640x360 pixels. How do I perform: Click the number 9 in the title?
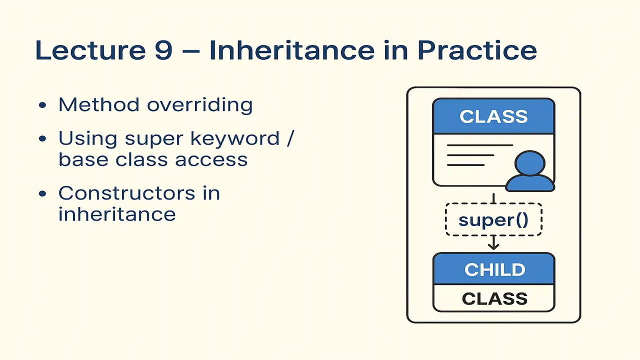coord(163,50)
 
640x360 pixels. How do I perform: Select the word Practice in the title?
coord(477,50)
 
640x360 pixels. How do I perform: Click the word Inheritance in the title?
coord(291,50)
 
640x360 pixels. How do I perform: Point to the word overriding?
coord(199,105)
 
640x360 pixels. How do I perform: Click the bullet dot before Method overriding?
coord(42,106)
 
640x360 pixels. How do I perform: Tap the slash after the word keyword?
coord(290,138)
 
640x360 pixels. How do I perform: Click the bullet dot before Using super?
coord(42,139)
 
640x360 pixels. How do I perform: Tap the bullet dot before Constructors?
coord(42,194)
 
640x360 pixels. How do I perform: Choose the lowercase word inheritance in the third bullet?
coord(117,214)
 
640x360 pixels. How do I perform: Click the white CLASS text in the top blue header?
coord(493,116)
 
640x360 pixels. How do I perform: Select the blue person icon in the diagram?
coord(529,172)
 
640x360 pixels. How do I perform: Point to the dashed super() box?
coord(493,220)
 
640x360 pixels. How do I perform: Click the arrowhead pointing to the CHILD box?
coord(493,246)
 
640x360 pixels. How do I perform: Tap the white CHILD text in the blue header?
coord(494,269)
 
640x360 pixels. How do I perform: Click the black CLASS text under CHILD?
coord(494,298)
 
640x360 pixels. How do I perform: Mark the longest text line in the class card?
coord(479,145)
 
